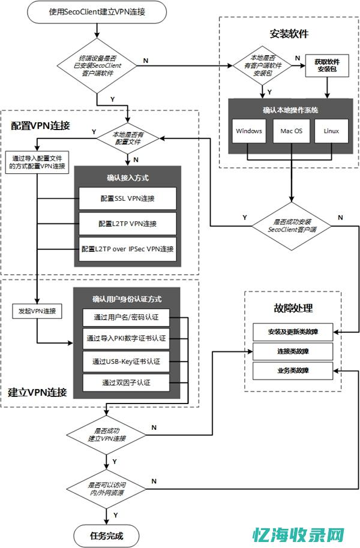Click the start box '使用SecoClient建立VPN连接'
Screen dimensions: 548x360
click(x=96, y=12)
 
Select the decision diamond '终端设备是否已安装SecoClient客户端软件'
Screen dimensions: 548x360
click(x=96, y=62)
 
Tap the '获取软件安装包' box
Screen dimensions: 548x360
click(x=328, y=65)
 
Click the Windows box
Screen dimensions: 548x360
click(x=248, y=131)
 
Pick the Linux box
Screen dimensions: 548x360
click(x=331, y=131)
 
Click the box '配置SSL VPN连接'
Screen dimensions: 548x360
click(x=127, y=198)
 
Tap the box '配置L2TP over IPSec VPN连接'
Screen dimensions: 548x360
click(x=127, y=248)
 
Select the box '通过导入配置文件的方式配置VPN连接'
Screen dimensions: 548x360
click(x=37, y=162)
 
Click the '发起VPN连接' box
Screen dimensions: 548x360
click(x=37, y=311)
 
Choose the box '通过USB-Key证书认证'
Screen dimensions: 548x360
click(x=126, y=362)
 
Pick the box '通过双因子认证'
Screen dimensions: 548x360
click(x=126, y=382)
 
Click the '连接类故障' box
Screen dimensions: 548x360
click(x=293, y=351)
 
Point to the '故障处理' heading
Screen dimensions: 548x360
click(x=293, y=309)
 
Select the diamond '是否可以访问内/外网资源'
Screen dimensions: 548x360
click(x=107, y=487)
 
